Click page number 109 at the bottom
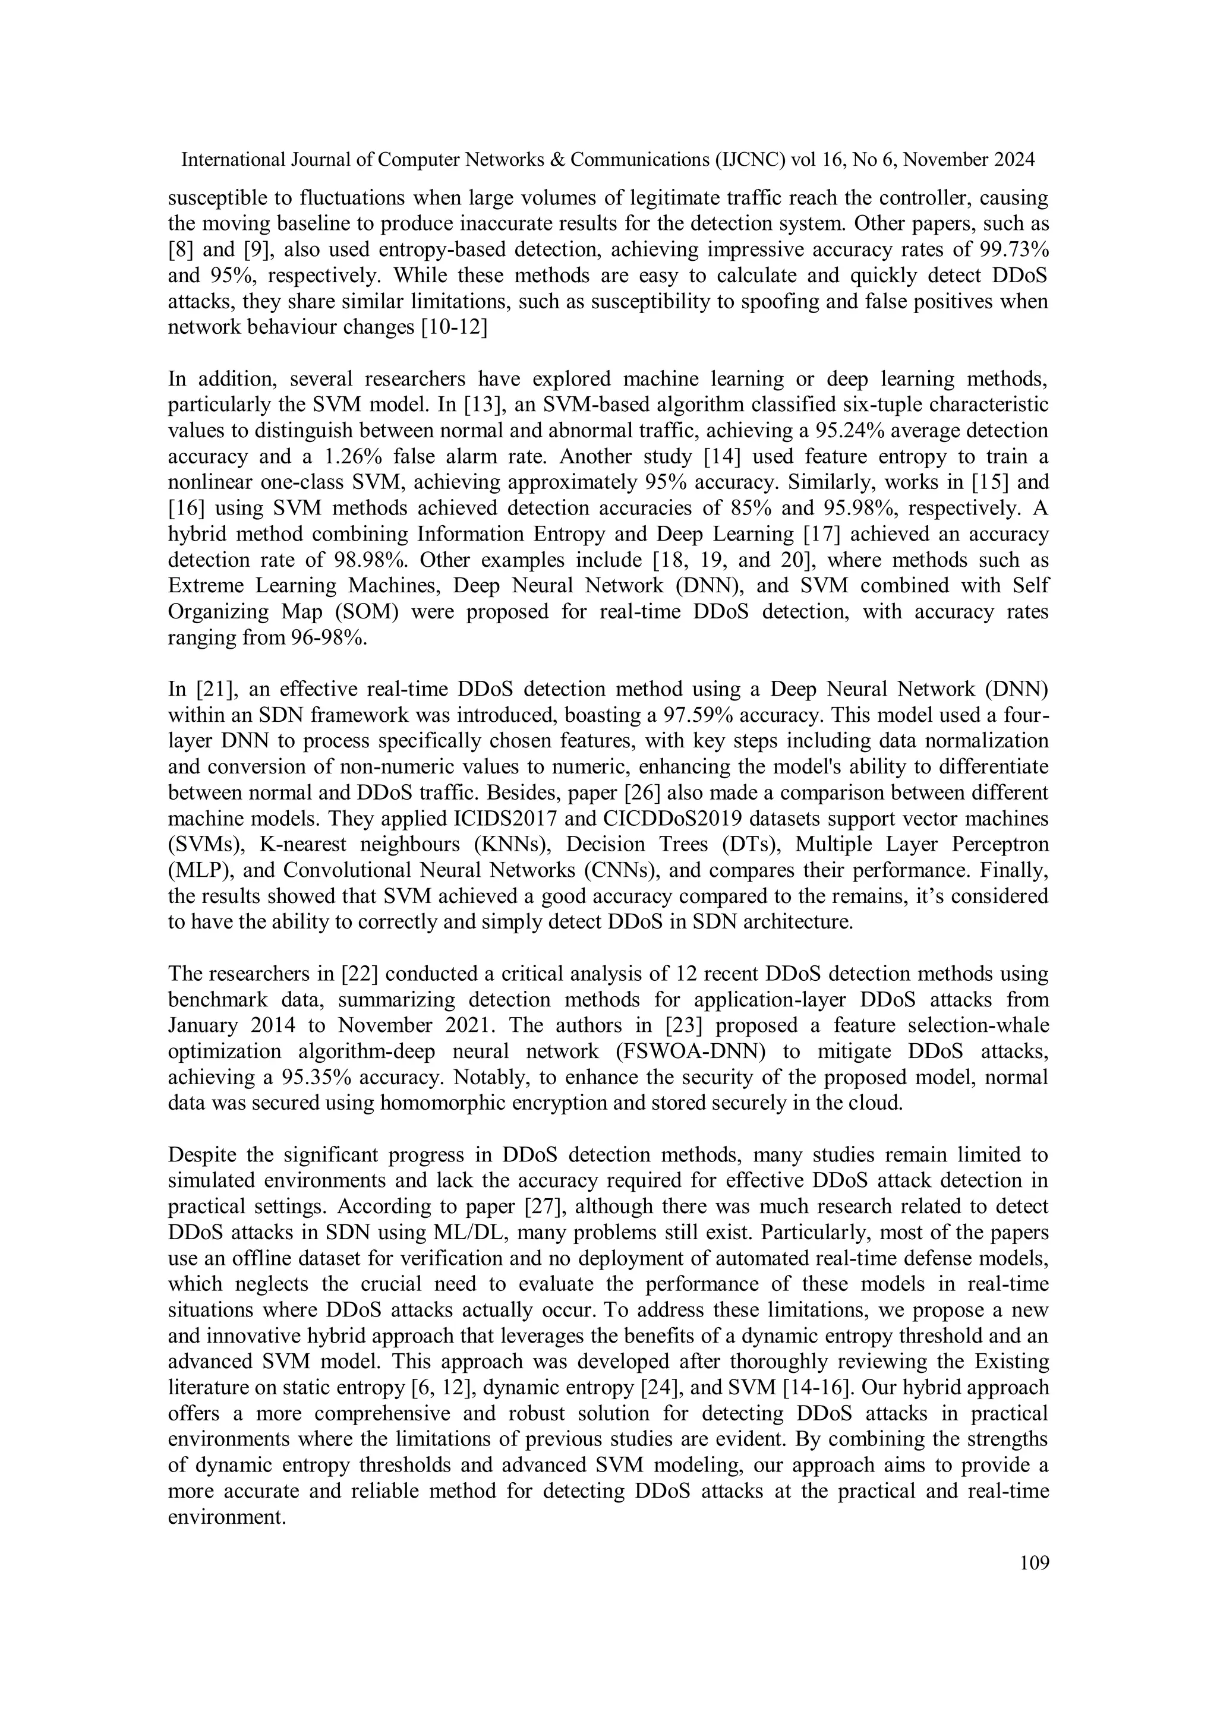[1034, 1563]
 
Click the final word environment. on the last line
[227, 1517]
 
